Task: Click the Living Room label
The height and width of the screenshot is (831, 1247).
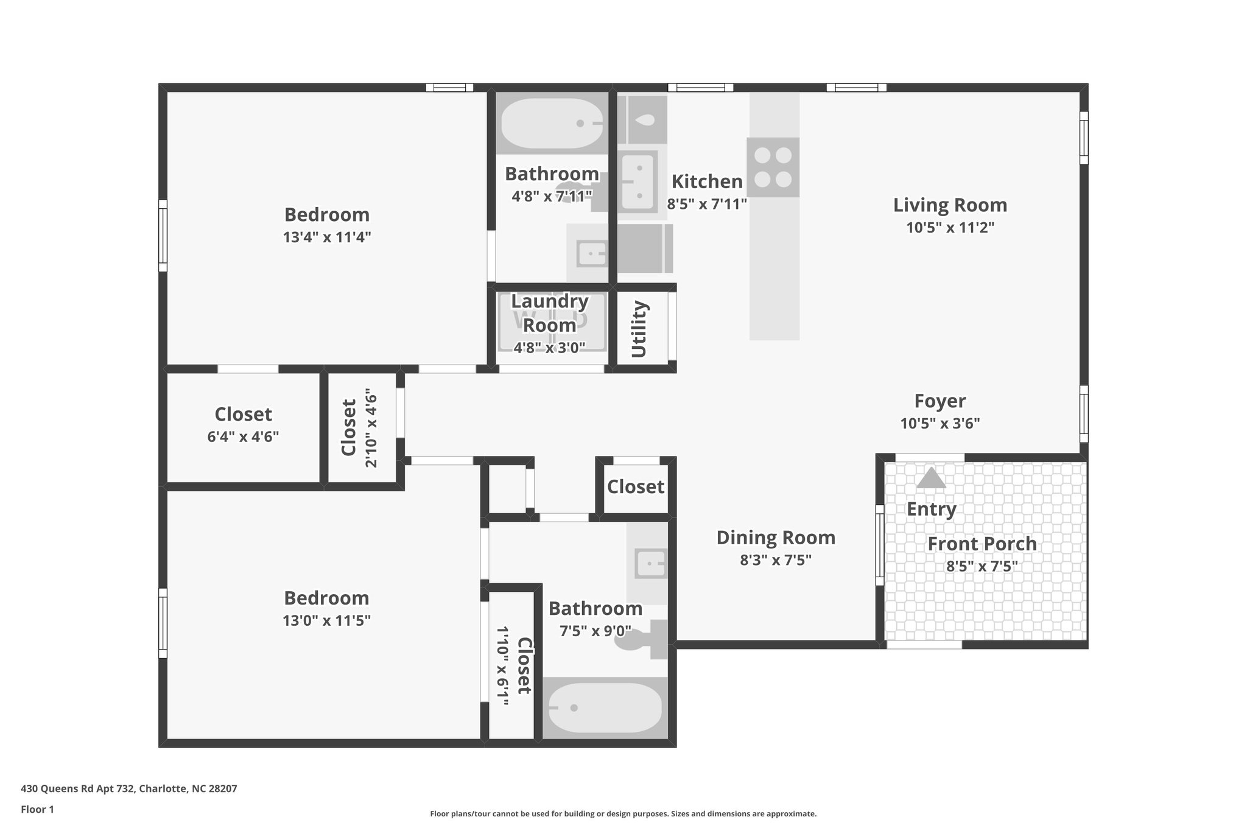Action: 949,205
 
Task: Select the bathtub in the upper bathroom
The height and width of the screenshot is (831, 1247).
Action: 552,124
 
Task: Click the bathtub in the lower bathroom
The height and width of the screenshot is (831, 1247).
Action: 605,707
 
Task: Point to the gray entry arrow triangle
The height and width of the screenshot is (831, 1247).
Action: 931,478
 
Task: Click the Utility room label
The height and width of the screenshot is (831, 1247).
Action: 639,329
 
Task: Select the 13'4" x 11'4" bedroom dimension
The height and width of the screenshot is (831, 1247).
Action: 327,237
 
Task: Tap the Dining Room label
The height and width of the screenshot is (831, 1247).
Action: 775,538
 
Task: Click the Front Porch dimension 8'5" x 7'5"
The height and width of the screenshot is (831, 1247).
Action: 982,567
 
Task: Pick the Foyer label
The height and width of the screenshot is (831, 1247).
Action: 940,401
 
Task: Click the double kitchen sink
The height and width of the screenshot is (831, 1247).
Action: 639,181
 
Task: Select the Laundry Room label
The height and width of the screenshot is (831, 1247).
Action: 549,313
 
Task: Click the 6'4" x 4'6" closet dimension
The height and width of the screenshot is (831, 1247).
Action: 243,437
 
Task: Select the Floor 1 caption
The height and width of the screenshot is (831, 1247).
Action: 37,810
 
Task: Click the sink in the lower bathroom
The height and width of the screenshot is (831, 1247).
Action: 650,564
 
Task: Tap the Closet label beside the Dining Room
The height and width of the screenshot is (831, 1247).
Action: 635,486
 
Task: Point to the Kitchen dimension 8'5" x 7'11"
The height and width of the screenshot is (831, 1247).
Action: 706,204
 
